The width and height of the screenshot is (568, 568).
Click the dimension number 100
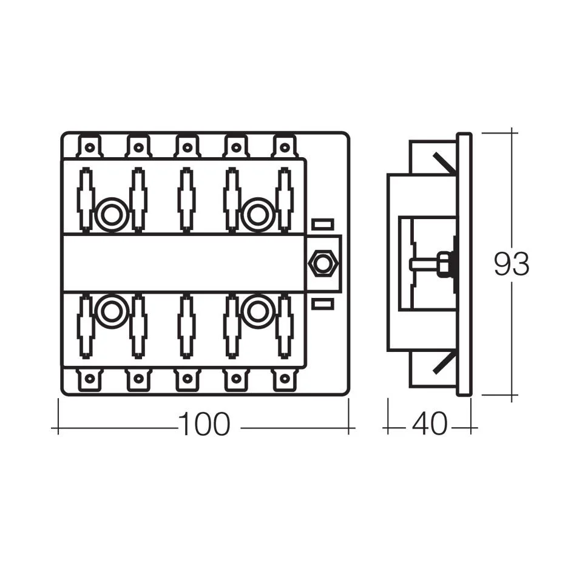coord(205,425)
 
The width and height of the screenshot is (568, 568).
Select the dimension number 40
coord(429,425)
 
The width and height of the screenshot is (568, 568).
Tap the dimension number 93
coord(511,264)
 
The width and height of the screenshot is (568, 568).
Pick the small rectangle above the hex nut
coord(322,225)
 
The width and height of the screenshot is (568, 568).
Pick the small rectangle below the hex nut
coord(322,303)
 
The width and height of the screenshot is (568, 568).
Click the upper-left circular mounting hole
coord(112,214)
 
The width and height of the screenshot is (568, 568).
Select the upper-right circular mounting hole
coord(258,214)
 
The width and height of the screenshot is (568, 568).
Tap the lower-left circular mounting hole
coord(112,312)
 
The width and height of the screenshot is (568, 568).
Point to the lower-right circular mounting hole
coord(258,312)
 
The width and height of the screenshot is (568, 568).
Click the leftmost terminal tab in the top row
coord(90,146)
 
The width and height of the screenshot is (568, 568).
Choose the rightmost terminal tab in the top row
coord(285,146)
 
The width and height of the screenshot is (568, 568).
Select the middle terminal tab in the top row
coord(187,146)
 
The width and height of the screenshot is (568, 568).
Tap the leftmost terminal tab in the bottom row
coord(90,379)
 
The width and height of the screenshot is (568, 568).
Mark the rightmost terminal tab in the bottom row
coord(285,379)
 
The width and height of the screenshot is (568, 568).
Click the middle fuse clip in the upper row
coord(186,200)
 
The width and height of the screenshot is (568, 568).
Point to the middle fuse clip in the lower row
coord(186,326)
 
